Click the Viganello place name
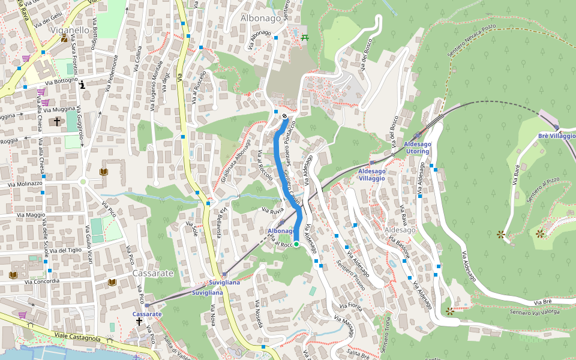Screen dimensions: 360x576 coord(70,29)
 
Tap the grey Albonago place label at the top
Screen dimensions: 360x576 coord(260,19)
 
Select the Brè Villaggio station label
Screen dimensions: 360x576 coord(556,136)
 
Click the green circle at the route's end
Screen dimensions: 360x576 coord(296,244)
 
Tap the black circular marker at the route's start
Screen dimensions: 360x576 coord(284,116)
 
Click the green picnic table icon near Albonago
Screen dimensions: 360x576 coord(305,38)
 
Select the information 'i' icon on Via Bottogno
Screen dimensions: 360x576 coord(82,85)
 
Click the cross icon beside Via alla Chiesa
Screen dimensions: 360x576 coord(57,121)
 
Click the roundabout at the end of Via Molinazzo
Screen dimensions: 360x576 coord(83,181)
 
